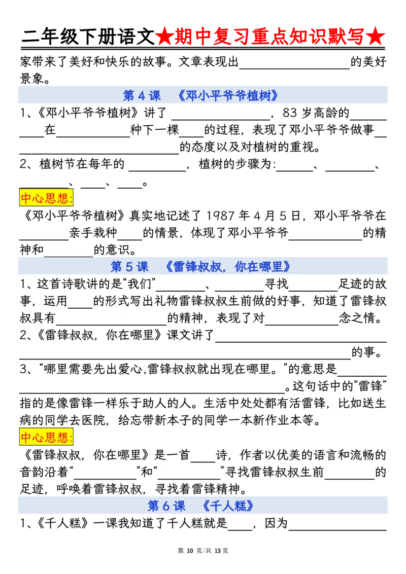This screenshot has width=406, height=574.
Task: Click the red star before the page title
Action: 164,37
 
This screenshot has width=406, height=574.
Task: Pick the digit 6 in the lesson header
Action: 166,506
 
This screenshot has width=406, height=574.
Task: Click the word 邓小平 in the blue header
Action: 204,96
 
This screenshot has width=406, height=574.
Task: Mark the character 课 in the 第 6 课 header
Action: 180,506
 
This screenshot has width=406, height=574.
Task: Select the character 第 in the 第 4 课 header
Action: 129,96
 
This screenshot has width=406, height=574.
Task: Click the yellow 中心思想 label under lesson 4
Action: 46,198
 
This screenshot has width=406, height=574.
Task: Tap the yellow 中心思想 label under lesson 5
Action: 46,437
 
